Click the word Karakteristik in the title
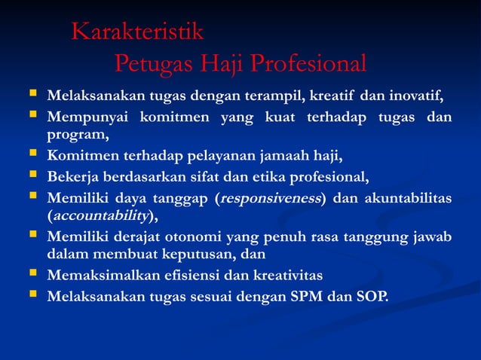pos(137,32)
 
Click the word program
pos(76,136)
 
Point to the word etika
pos(259,178)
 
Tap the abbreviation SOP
pos(370,296)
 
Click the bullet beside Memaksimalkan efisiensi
pos(32,276)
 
